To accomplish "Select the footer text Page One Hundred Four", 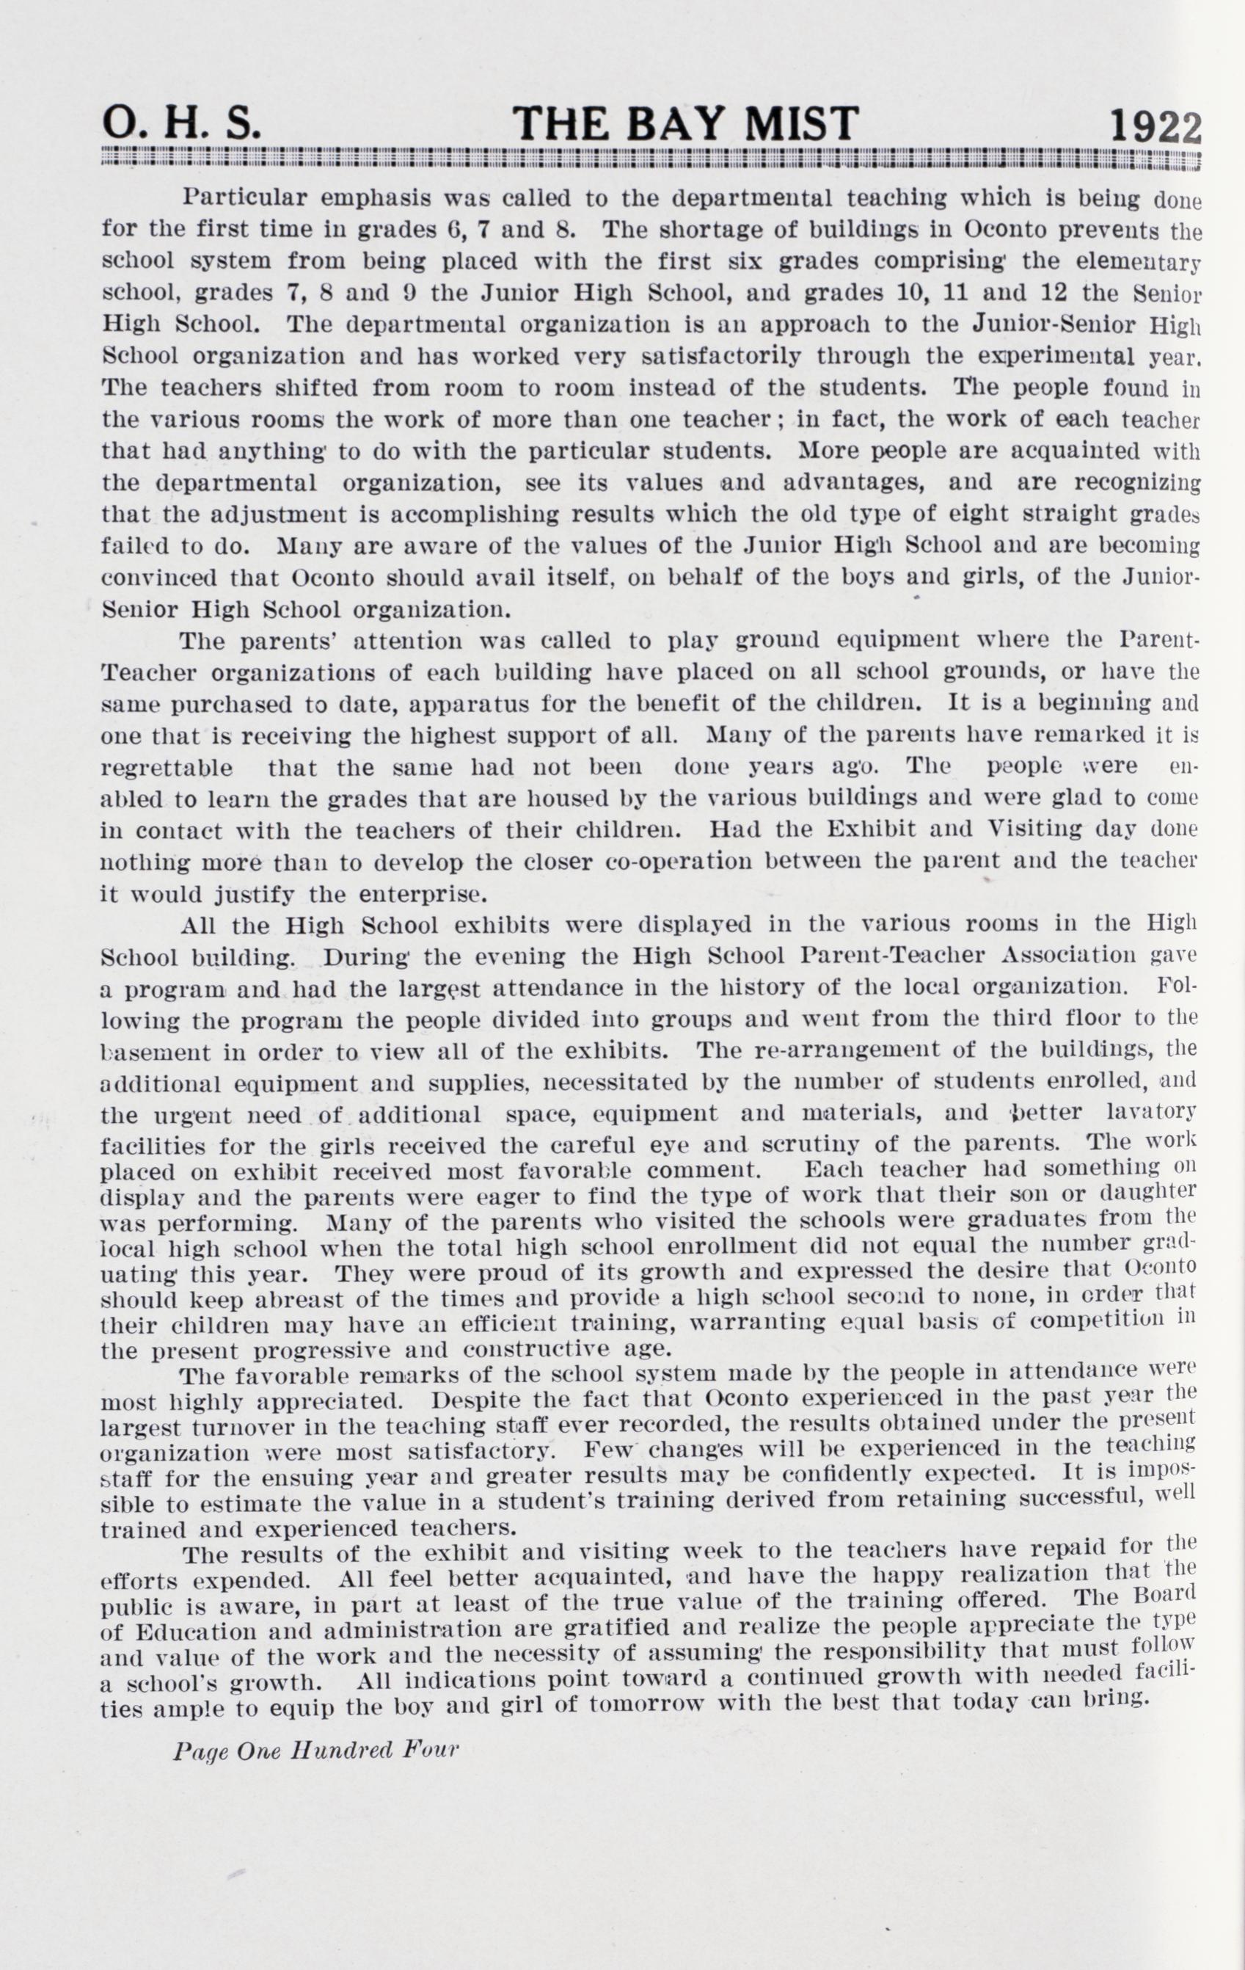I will [316, 1750].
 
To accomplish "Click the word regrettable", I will [166, 768].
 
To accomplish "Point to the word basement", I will [156, 1052].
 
